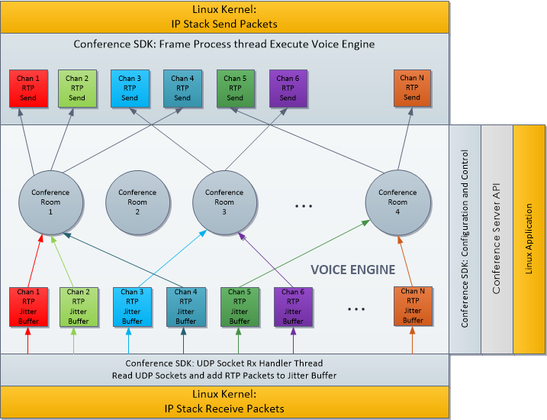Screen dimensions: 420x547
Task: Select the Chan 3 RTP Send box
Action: [x=130, y=88]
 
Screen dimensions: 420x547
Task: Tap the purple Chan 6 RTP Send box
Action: [x=288, y=88]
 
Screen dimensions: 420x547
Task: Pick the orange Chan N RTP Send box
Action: [x=412, y=88]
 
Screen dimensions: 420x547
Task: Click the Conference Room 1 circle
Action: [x=50, y=202]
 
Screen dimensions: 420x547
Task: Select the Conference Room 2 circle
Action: [x=137, y=202]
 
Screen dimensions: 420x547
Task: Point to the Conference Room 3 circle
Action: [x=224, y=202]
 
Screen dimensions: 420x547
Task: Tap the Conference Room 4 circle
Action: [x=397, y=202]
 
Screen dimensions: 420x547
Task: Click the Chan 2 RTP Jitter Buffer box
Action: [x=78, y=306]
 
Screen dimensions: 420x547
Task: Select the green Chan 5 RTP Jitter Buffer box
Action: [x=240, y=306]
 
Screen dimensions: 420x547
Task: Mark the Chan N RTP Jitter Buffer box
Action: [x=413, y=305]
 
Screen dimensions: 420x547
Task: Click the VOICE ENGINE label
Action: [x=353, y=270]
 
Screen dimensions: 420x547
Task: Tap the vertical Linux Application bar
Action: [x=529, y=238]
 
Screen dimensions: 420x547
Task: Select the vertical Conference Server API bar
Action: [x=497, y=238]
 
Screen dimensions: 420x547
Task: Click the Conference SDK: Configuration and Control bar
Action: [x=465, y=238]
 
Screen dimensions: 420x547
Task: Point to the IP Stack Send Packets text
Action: [x=224, y=23]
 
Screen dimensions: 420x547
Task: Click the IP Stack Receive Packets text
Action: [x=224, y=409]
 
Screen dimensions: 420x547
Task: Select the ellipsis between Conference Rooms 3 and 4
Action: [x=304, y=206]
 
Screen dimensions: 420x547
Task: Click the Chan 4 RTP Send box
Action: [x=182, y=88]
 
